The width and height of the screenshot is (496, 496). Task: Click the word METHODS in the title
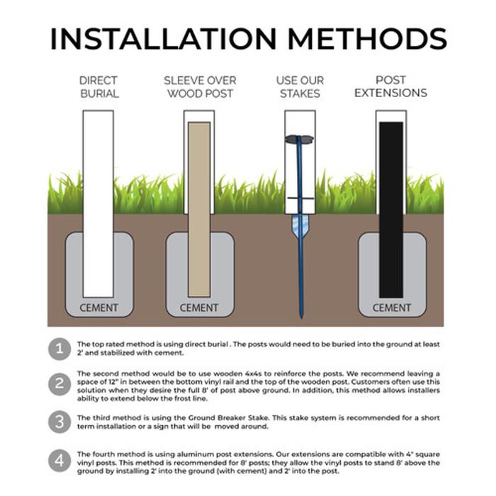(367, 38)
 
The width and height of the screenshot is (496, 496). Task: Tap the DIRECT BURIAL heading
(99, 87)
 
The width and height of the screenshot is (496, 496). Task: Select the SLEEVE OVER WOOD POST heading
(200, 87)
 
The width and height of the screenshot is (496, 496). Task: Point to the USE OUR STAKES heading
(300, 87)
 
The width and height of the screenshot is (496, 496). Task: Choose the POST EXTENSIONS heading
(390, 86)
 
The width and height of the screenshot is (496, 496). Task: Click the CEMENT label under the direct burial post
(98, 308)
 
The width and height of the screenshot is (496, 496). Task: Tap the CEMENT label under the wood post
(199, 308)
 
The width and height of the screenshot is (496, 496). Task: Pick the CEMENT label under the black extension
(392, 308)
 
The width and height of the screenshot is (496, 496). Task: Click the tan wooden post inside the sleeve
(199, 210)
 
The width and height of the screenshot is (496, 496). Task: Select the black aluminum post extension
(391, 210)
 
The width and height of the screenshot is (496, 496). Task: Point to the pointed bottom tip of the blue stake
(301, 317)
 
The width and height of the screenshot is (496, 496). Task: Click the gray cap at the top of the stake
(299, 139)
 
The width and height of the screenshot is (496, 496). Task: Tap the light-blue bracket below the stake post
(300, 226)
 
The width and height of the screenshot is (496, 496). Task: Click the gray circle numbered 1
(60, 349)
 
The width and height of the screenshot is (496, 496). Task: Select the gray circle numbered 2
(60, 384)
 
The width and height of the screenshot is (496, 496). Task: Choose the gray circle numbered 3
(60, 422)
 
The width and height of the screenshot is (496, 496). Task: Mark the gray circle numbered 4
(60, 461)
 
